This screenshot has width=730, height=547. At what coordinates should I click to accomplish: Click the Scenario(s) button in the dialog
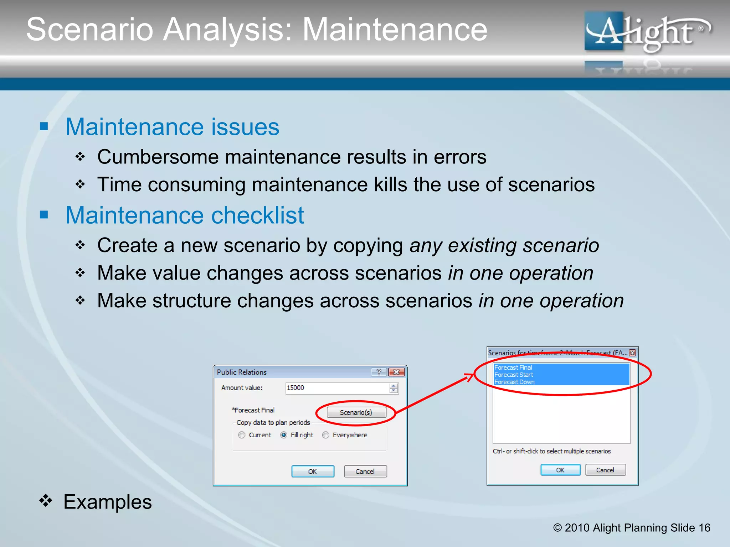(x=356, y=412)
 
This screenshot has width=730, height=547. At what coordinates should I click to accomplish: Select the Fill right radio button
(x=284, y=435)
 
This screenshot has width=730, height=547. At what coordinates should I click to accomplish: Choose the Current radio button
(x=242, y=435)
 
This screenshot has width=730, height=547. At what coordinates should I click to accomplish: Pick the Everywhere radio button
(x=326, y=435)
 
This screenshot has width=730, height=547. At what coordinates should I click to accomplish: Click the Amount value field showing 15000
(x=337, y=388)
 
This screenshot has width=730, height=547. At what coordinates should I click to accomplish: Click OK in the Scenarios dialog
(x=560, y=470)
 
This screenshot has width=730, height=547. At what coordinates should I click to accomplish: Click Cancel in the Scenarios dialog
(x=605, y=470)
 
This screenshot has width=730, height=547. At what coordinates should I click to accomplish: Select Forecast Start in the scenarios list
(x=514, y=375)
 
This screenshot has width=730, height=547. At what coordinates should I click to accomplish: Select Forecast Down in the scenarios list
(x=515, y=382)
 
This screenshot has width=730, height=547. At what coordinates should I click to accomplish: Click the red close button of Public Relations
(x=396, y=372)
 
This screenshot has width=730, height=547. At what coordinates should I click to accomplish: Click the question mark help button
(x=379, y=372)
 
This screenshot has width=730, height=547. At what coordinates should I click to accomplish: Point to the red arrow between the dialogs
(x=435, y=394)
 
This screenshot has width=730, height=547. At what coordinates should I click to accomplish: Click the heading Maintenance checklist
(x=185, y=215)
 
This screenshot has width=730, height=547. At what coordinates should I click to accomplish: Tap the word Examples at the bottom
(x=108, y=502)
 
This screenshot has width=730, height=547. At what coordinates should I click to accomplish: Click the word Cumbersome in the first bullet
(x=158, y=157)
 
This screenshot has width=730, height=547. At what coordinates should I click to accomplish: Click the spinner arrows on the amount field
(x=394, y=388)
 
